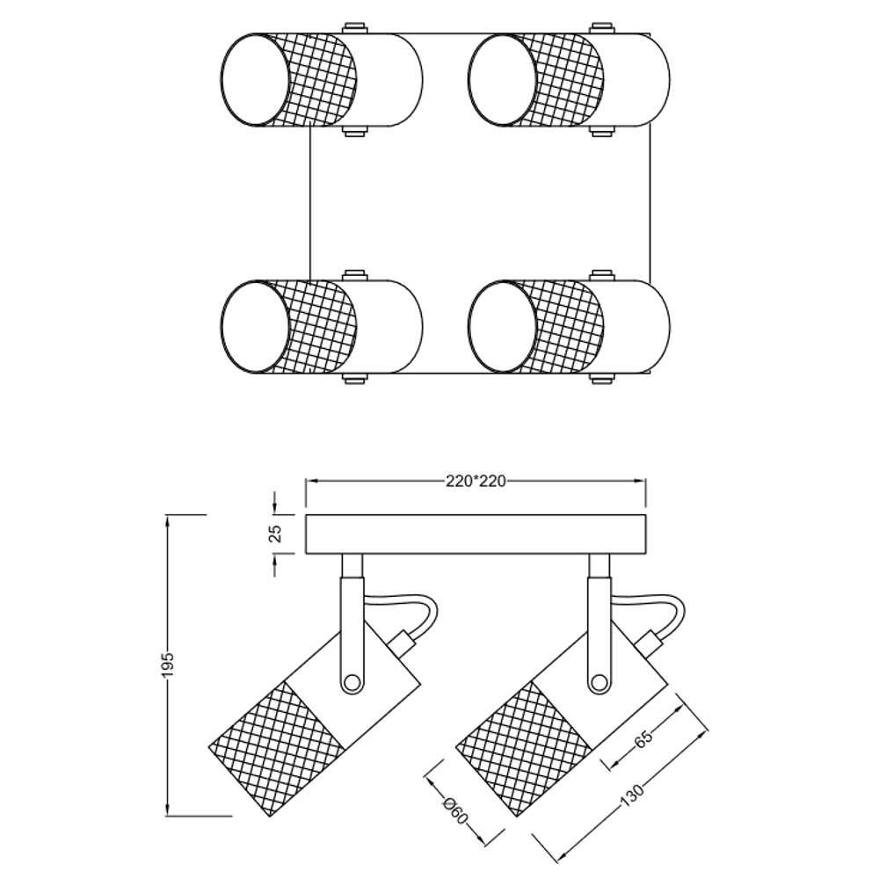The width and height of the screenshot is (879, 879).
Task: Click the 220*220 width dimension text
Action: click(476, 482)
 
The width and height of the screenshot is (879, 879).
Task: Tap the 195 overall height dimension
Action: click(168, 665)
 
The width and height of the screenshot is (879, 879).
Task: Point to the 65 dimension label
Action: click(643, 739)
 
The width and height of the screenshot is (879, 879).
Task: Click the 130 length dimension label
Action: click(632, 795)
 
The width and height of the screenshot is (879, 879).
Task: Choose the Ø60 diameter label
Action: click(454, 811)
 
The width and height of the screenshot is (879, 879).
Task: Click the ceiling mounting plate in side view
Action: click(476, 534)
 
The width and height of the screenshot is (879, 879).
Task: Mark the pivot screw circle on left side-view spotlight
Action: click(352, 682)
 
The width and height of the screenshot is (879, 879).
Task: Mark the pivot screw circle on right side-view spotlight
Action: click(599, 682)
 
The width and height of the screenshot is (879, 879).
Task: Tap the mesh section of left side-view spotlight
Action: click(277, 749)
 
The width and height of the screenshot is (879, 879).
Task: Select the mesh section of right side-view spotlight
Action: click(524, 749)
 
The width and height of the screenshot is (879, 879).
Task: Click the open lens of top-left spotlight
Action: click(256, 79)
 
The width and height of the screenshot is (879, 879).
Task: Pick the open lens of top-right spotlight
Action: click(503, 79)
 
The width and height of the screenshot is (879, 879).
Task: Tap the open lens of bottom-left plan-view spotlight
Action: click(256, 326)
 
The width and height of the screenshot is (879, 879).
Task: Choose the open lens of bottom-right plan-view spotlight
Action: click(503, 326)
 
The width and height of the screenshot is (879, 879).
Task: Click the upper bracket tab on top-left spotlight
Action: click(355, 28)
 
